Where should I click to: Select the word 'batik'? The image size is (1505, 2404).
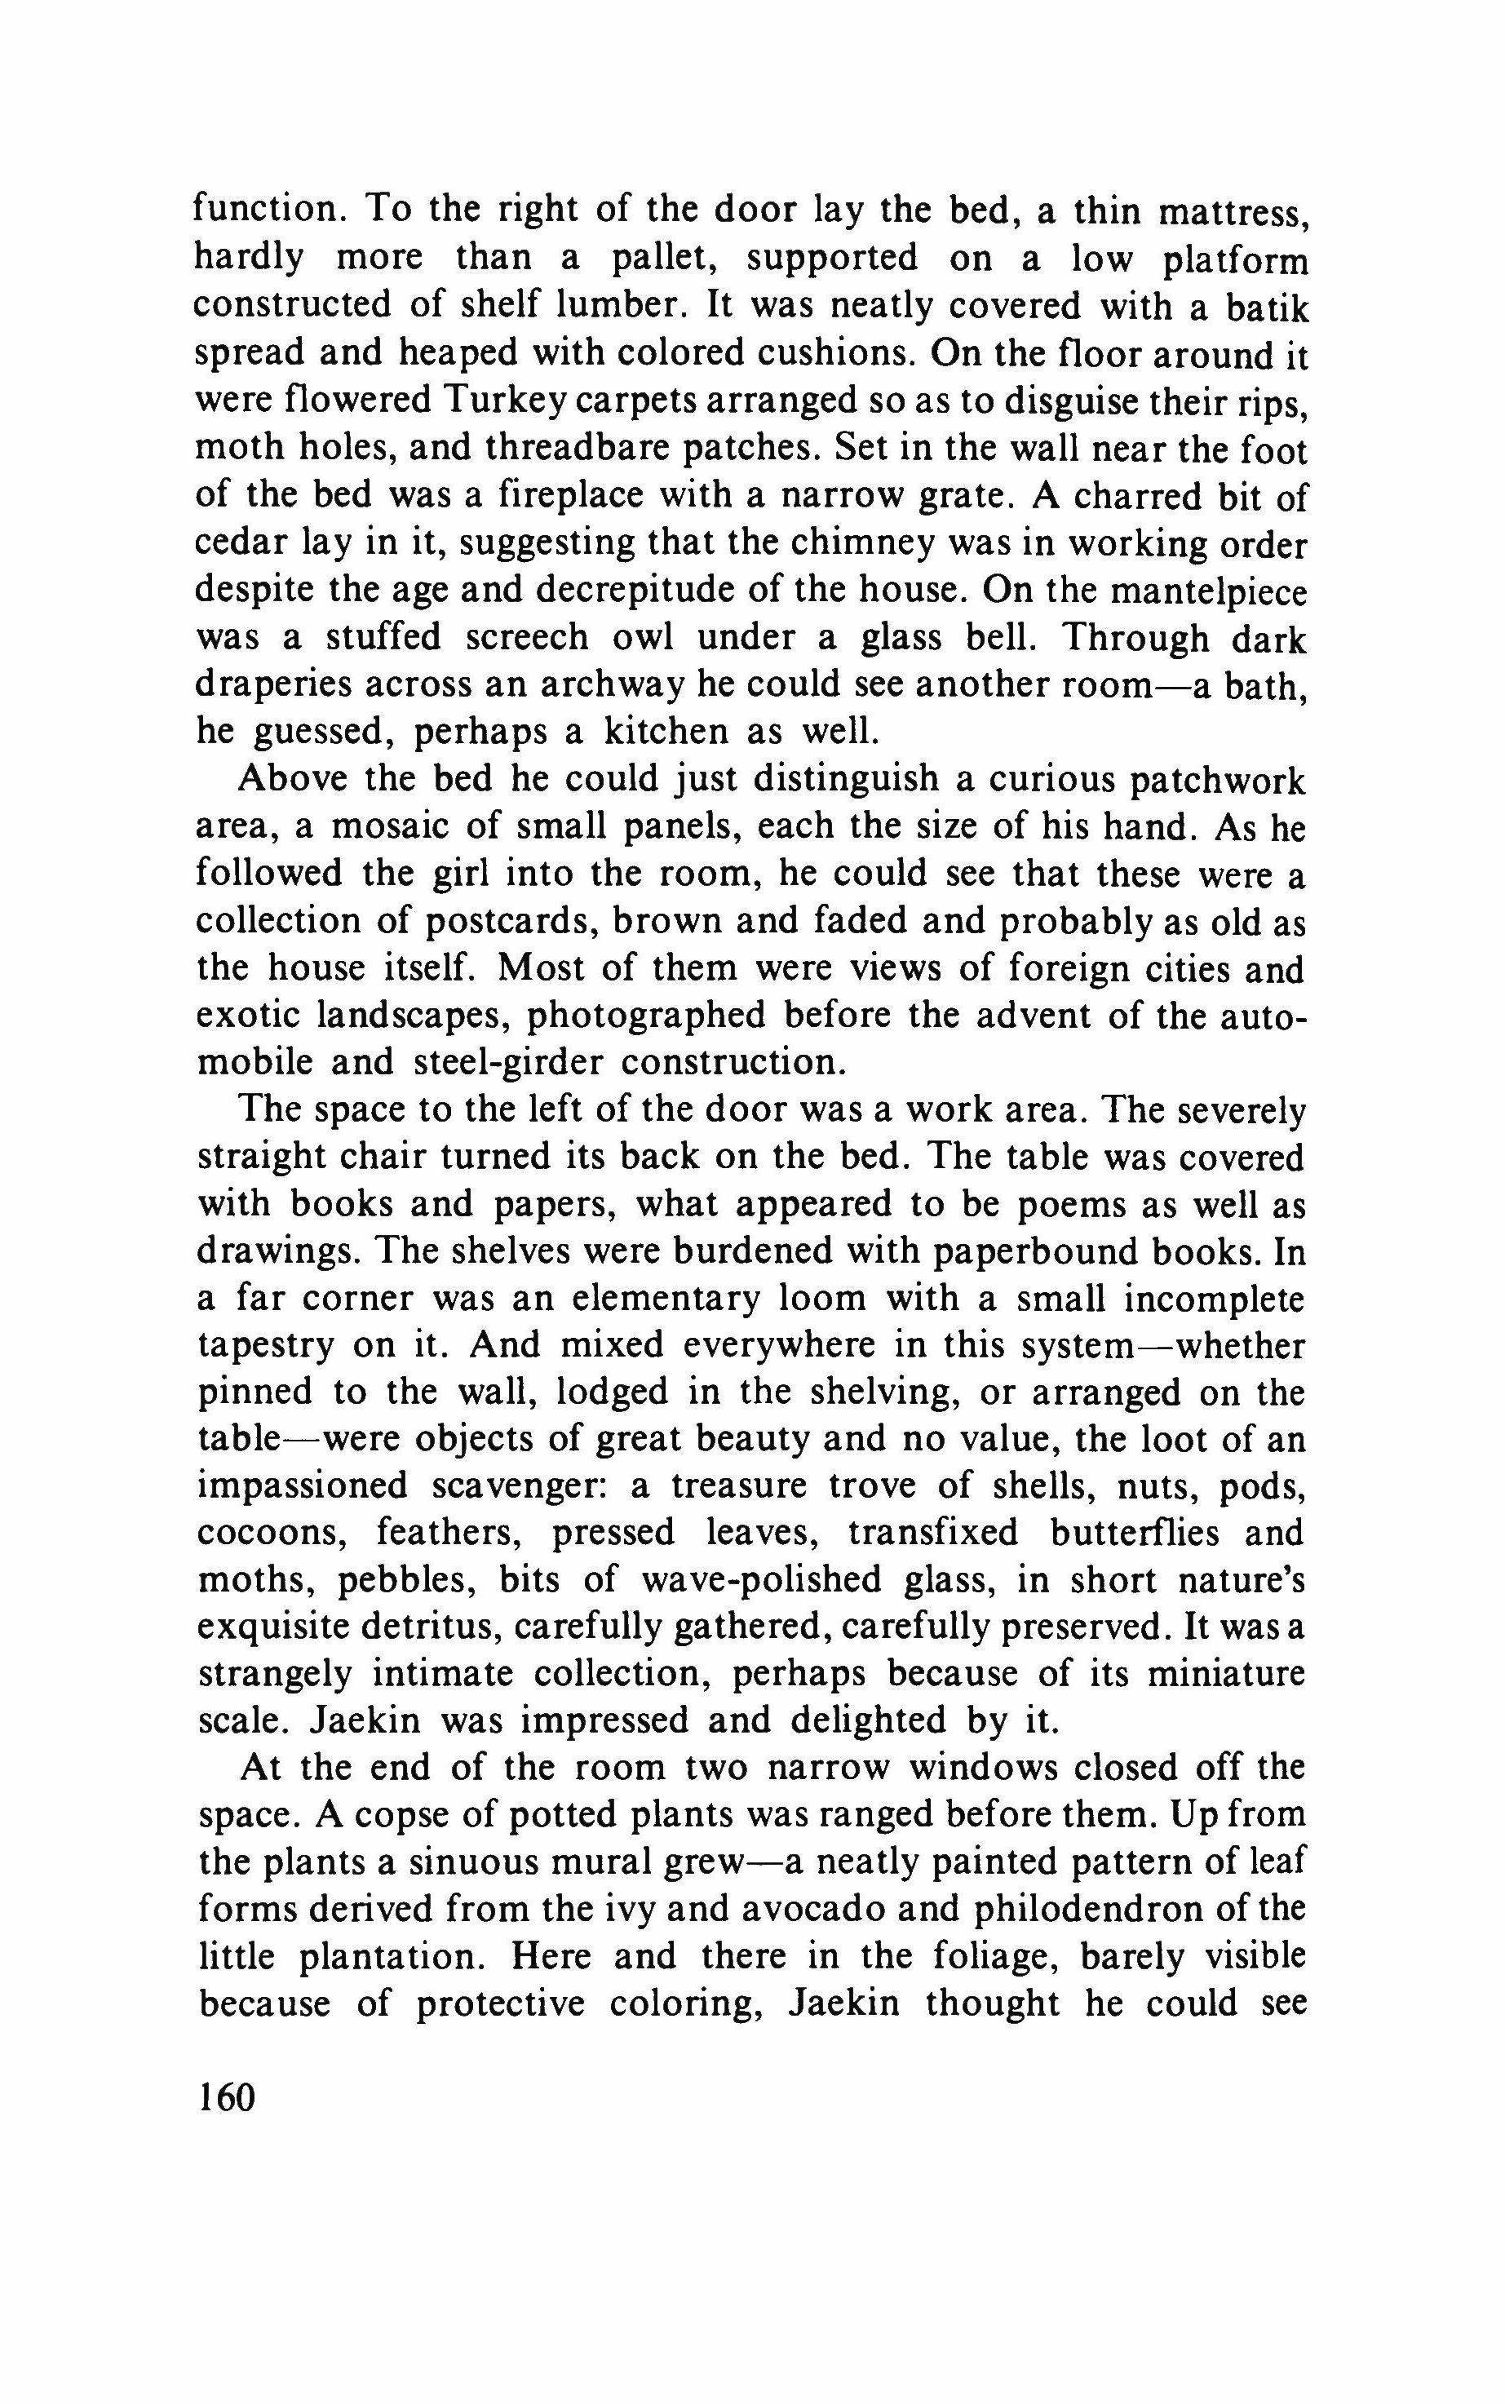pyautogui.click(x=1265, y=306)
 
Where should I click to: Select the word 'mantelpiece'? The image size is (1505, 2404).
pyautogui.click(x=1207, y=591)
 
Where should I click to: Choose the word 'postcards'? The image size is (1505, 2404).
pyautogui.click(x=511, y=921)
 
